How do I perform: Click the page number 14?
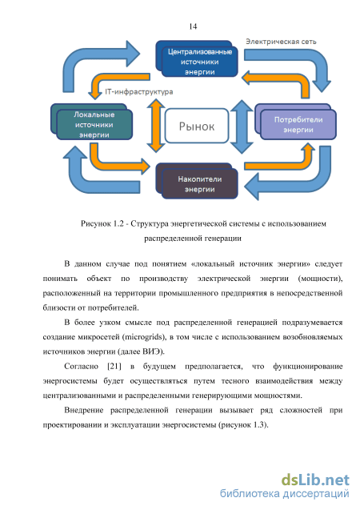pyautogui.click(x=193, y=26)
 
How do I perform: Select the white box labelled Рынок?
pyautogui.click(x=197, y=126)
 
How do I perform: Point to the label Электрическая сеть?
pyautogui.click(x=281, y=42)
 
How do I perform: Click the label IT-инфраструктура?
pyautogui.click(x=138, y=92)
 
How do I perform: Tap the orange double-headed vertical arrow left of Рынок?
pyautogui.click(x=156, y=126)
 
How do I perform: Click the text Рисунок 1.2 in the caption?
pyautogui.click(x=102, y=224)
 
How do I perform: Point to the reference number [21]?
pyautogui.click(x=114, y=367)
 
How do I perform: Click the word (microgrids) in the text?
pyautogui.click(x=144, y=337)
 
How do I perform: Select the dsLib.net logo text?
pyautogui.click(x=315, y=480)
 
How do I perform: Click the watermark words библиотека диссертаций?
pyautogui.click(x=285, y=493)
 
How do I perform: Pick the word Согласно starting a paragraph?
pyautogui.click(x=82, y=367)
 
